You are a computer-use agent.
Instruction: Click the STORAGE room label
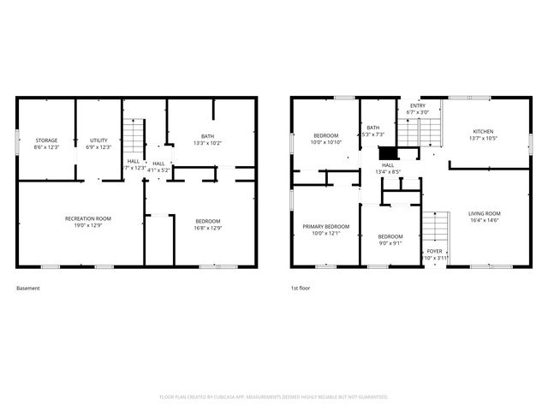tap(46, 140)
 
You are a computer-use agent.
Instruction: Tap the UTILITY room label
tap(99, 140)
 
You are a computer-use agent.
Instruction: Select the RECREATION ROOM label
tap(88, 218)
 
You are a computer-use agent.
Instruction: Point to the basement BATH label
tap(207, 136)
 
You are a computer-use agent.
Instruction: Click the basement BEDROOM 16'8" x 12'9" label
tap(207, 222)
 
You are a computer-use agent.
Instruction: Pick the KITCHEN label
tap(483, 132)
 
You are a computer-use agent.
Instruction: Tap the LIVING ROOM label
tap(485, 213)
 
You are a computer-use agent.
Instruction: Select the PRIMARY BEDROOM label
tap(325, 226)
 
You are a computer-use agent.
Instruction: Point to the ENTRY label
tap(417, 105)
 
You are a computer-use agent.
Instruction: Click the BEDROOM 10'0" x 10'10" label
tap(326, 135)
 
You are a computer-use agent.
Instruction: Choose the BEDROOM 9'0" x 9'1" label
tap(390, 236)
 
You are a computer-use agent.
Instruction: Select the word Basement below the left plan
tap(28, 289)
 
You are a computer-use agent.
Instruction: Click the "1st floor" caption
tap(300, 289)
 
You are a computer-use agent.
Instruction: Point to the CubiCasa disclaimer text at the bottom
tap(274, 397)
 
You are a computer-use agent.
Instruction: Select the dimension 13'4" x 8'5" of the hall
tap(389, 172)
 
